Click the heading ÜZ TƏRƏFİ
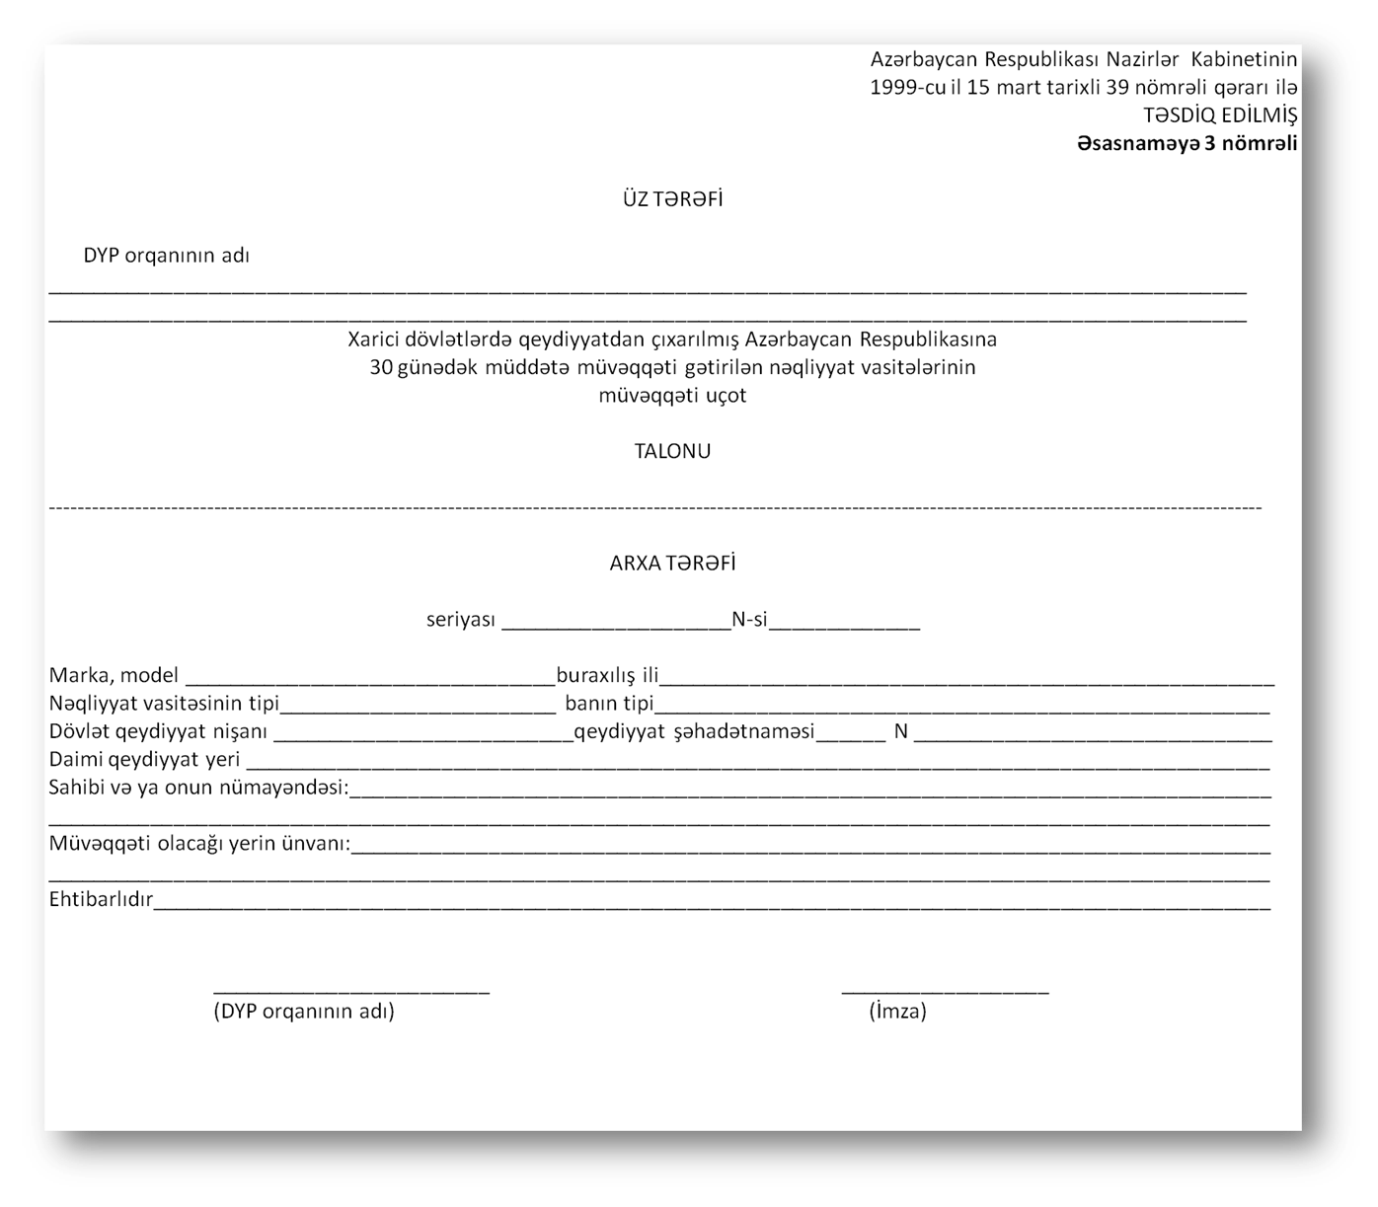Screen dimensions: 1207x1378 (672, 199)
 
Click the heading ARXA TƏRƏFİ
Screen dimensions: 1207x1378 (672, 564)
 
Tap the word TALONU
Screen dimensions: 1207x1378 (672, 451)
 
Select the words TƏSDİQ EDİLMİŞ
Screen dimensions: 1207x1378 (1220, 115)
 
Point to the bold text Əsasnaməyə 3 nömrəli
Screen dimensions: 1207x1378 (1187, 144)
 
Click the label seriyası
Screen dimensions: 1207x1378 (460, 621)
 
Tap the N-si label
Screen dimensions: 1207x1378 (749, 621)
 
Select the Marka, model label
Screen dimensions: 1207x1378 (114, 676)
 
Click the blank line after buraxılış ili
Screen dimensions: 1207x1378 (967, 681)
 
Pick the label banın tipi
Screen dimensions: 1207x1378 (609, 704)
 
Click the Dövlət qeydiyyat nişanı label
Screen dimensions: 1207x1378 (158, 732)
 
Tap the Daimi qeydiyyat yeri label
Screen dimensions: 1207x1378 (145, 760)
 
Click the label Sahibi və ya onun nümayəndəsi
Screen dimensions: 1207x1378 (197, 789)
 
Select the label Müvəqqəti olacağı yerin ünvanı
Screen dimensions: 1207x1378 (199, 845)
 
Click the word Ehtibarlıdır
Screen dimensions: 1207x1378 (101, 900)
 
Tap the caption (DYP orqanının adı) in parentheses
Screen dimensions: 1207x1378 (304, 1012)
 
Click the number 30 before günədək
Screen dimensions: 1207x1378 (380, 367)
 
